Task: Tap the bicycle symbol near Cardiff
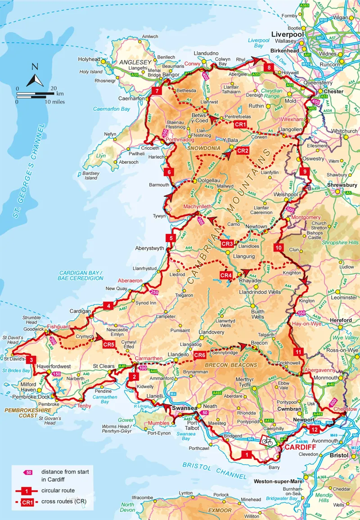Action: tap(267, 441)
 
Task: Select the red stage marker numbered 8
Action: tap(269, 68)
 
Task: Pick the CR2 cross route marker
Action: tap(243, 151)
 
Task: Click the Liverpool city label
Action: tap(287, 34)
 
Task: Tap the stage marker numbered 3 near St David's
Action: tap(31, 360)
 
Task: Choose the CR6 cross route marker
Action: tap(200, 355)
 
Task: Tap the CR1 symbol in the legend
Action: tap(25, 502)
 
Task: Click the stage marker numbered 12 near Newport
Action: tap(315, 430)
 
